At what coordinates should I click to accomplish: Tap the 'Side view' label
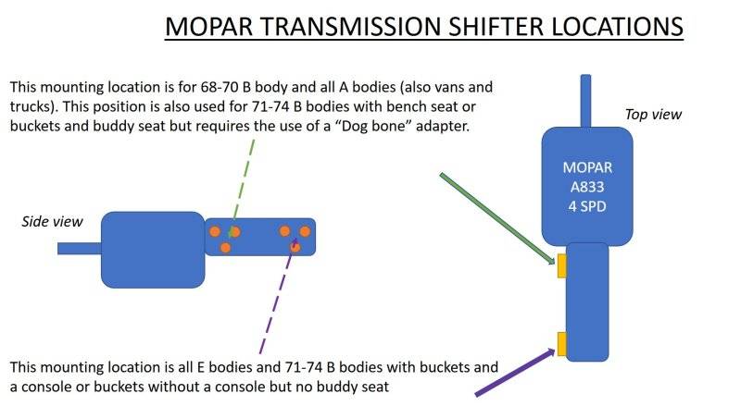52,221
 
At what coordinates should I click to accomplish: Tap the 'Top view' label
653,115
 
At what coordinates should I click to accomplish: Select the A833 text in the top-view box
586,186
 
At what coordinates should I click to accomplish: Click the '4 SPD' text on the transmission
586,204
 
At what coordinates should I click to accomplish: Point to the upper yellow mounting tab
561,266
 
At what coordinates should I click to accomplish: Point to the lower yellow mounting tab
561,343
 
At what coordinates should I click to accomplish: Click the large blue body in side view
152,248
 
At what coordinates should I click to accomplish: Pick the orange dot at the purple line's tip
295,247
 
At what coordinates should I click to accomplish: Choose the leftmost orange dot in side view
214,230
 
